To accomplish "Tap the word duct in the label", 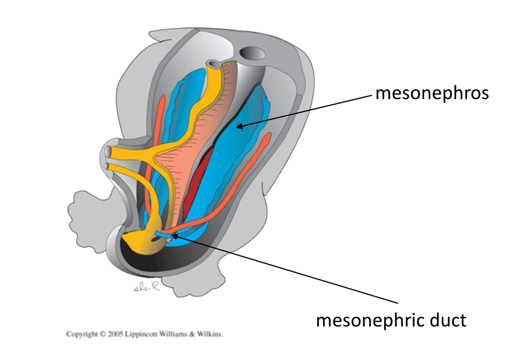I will [448, 320].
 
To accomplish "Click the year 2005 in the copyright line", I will [115, 334].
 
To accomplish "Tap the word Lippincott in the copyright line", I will [140, 334].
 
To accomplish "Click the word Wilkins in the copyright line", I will [210, 334].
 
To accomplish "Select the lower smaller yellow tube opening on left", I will [107, 166].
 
